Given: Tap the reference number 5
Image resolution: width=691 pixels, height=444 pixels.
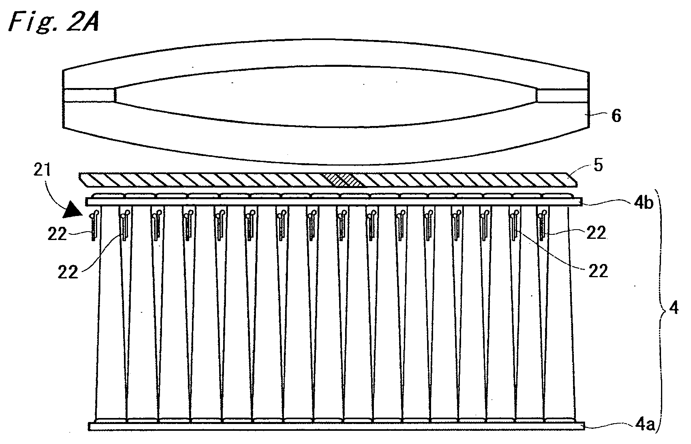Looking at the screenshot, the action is (x=598, y=166).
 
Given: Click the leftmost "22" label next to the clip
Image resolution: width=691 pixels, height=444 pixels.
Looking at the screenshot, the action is (x=57, y=234).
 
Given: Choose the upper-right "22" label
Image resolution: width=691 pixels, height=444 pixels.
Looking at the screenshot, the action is (x=596, y=232).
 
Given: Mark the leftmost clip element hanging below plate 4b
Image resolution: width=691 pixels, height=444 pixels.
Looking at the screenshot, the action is (x=94, y=225).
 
